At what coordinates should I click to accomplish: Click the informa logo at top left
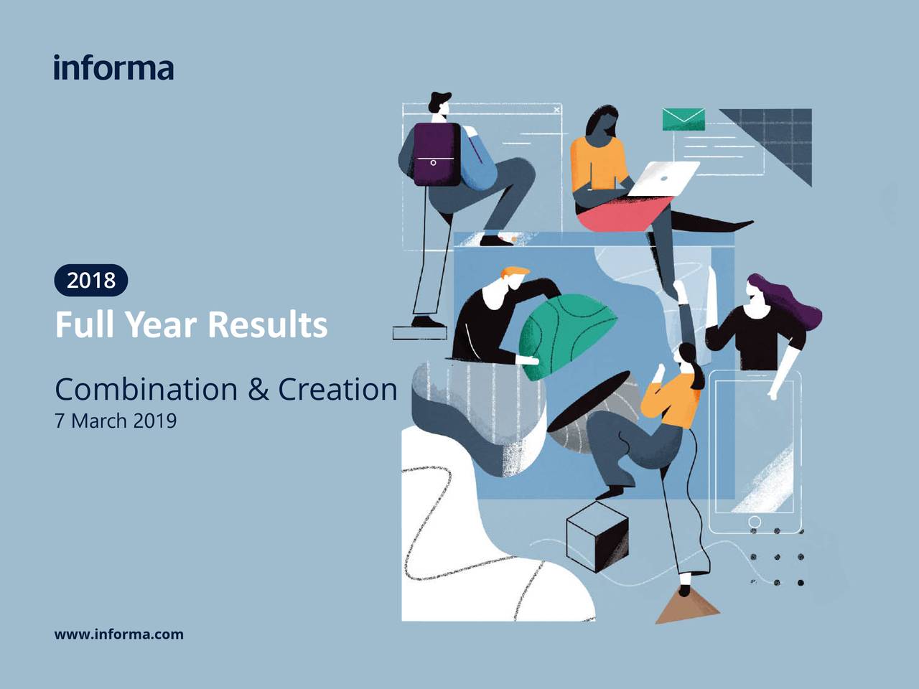coord(113,67)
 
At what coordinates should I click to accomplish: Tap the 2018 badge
coord(91,280)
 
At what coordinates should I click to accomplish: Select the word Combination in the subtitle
coord(146,390)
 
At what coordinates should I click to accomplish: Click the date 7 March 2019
coord(116,421)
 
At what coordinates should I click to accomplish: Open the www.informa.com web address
coord(119,634)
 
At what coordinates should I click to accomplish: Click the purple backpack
coord(436,154)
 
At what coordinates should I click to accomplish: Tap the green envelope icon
coord(684,119)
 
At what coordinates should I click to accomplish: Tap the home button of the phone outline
coord(755,521)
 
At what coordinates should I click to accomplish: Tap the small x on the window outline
coord(556,110)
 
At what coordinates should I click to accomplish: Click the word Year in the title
coord(161,324)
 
